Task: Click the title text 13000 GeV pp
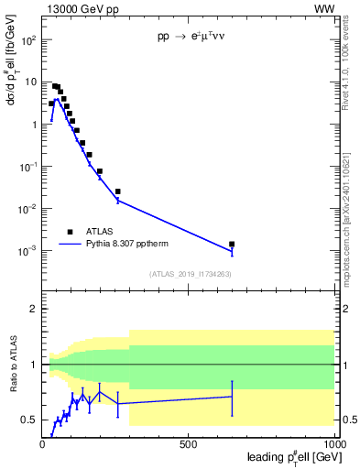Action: coord(81,8)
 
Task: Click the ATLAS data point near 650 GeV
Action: coord(232,245)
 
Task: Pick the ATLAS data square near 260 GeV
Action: coord(118,191)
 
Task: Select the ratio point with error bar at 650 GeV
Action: coord(232,397)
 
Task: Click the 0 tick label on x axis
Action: coord(43,443)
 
